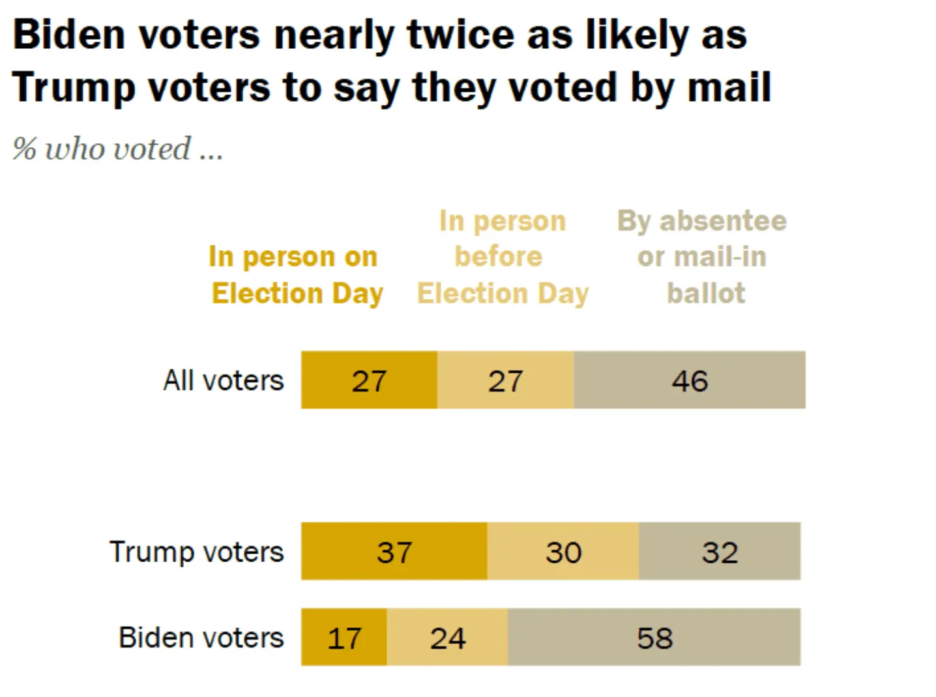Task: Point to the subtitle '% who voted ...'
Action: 117,149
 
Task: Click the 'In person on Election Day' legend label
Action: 296,275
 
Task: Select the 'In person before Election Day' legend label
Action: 502,257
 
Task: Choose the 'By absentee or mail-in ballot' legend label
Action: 703,257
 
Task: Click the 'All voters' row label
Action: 224,380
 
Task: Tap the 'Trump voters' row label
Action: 196,552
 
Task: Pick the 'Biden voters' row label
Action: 201,638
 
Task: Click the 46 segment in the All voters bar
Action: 690,380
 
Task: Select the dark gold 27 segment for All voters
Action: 369,380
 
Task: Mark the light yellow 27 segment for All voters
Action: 506,380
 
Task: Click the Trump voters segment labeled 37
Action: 394,552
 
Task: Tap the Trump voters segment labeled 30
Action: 563,552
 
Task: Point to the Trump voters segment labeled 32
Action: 720,552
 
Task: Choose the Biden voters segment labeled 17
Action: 344,638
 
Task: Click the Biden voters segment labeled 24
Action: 447,638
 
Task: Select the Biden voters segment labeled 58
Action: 654,638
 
